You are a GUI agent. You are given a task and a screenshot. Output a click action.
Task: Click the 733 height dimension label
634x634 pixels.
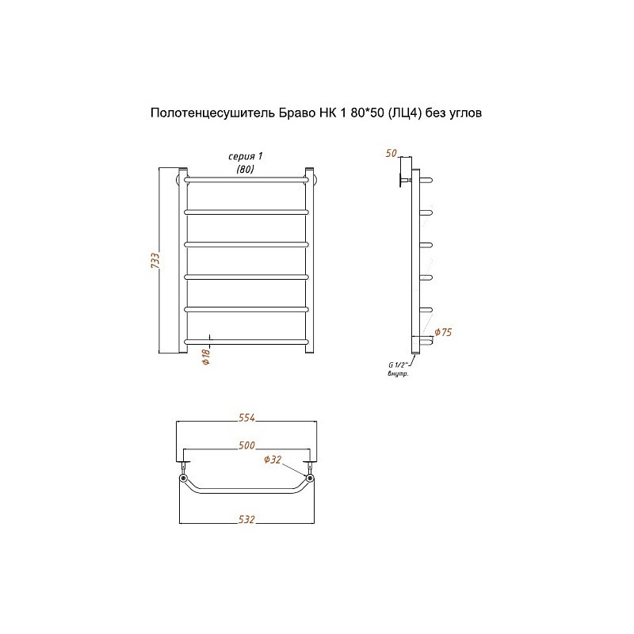[155, 261]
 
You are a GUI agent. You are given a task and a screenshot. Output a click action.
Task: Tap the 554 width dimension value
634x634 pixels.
[246, 418]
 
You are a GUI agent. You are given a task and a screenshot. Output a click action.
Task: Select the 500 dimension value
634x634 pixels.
[246, 445]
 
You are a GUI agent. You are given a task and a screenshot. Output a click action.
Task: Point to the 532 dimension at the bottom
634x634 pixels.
[246, 519]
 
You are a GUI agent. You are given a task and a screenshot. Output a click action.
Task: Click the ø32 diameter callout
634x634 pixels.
[273, 460]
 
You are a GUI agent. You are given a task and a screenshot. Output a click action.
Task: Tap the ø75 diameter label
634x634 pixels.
[443, 332]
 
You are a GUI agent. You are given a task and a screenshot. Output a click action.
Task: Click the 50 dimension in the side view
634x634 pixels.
[391, 153]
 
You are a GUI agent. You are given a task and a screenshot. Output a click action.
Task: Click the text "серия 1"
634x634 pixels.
[246, 156]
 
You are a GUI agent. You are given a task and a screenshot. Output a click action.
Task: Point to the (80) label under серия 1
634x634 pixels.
[246, 169]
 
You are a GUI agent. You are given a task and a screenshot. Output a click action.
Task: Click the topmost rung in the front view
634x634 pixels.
[246, 180]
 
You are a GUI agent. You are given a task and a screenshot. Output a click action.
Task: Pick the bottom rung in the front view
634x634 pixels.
[246, 342]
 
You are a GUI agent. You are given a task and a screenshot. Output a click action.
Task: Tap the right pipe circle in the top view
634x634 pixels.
[310, 479]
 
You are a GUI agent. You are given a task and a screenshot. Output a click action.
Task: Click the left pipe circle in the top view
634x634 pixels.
[183, 479]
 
